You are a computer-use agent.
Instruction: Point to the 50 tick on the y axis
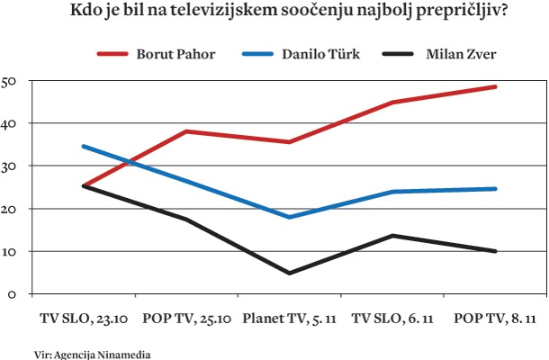pyautogui.click(x=11, y=81)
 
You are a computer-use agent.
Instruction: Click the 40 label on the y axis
pyautogui.click(x=11, y=123)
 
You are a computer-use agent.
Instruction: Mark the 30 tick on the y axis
pyautogui.click(x=11, y=166)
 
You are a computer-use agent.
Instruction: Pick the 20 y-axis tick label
pyautogui.click(x=11, y=209)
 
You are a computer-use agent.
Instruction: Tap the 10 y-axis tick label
pyautogui.click(x=11, y=251)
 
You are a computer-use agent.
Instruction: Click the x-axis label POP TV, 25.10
pyautogui.click(x=186, y=318)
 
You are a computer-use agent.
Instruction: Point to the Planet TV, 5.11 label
pyautogui.click(x=290, y=318)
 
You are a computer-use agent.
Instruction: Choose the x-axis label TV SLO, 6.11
pyautogui.click(x=392, y=318)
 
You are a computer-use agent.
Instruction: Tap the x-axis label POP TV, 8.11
pyautogui.click(x=496, y=318)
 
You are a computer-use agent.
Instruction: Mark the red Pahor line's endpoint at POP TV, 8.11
pyautogui.click(x=496, y=86)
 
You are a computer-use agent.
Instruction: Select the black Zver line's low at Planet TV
pyautogui.click(x=290, y=273)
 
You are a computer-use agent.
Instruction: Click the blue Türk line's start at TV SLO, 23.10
pyautogui.click(x=83, y=146)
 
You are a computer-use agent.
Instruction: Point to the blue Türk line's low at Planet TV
pyautogui.click(x=290, y=217)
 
